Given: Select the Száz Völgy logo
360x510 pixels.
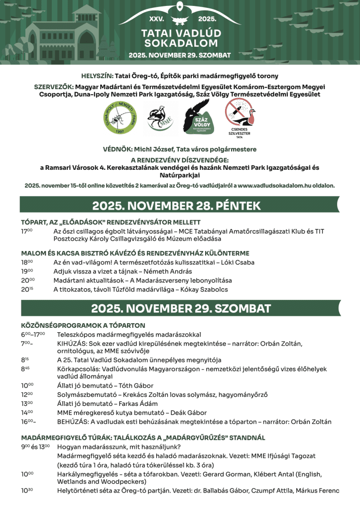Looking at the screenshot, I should [x=199, y=117].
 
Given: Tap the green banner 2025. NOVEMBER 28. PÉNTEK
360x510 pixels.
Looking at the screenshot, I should [x=176, y=205].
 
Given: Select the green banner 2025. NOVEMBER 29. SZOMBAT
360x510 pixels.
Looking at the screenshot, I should [x=180, y=307].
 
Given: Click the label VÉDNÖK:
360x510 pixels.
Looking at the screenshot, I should [x=117, y=149].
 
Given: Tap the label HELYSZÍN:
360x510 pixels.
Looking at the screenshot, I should [x=97, y=76].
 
